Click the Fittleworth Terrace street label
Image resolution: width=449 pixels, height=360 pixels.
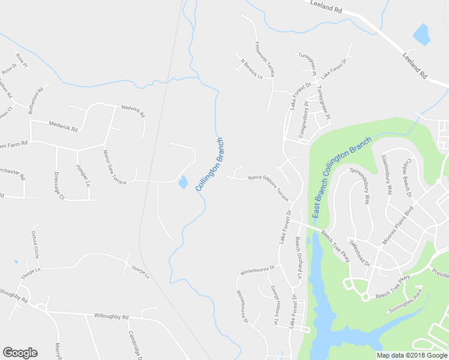tap(265, 59)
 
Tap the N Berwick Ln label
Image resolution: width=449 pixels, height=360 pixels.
tap(252, 68)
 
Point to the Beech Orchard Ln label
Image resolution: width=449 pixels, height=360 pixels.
tap(298, 257)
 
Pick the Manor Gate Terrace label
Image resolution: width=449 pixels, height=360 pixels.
tap(115, 167)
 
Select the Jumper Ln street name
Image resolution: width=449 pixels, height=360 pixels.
tap(83, 174)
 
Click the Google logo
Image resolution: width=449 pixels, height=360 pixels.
tap(20, 353)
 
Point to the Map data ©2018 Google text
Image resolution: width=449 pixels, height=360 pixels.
tap(411, 355)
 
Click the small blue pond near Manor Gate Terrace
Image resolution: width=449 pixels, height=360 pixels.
tap(182, 182)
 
